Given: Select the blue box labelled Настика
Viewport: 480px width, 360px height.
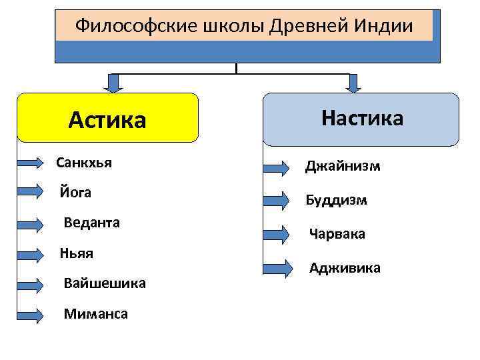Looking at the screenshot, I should click(x=361, y=119).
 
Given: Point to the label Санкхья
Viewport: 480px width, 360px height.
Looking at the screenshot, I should click(x=84, y=162).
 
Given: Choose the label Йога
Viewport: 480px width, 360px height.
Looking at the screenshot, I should click(x=75, y=193).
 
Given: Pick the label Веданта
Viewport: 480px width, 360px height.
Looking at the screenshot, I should click(x=92, y=223).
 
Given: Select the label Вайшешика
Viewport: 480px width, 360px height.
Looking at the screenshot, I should click(x=105, y=283).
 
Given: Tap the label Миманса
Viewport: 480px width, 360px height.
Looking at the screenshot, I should click(x=96, y=313).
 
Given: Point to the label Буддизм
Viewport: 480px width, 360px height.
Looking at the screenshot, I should click(x=337, y=200).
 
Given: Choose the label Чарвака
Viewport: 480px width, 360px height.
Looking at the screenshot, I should click(x=337, y=235).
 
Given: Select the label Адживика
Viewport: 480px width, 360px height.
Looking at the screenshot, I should click(x=345, y=268).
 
